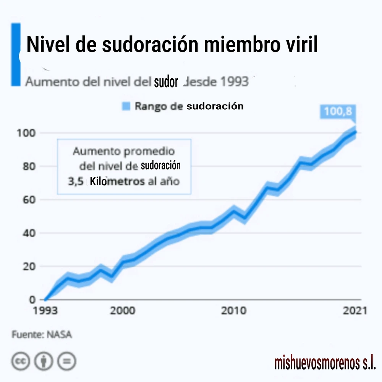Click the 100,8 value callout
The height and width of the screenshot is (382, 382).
338,111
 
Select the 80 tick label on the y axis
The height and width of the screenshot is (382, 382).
30,166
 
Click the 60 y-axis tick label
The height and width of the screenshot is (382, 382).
30,199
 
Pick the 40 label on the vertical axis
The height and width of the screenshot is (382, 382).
30,233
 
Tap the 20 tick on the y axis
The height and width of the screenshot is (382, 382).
30,266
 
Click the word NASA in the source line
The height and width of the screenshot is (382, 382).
59,335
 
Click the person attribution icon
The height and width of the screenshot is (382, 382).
44,360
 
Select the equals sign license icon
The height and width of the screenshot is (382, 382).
66,360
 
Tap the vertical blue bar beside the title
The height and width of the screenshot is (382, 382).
16,54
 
